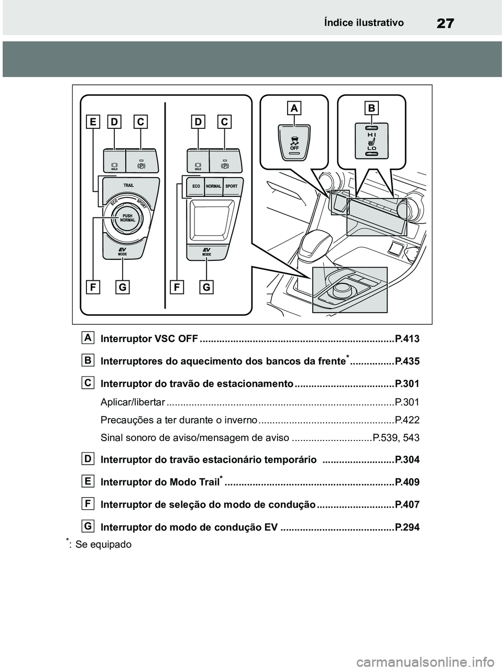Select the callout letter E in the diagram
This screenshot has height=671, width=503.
[93, 122]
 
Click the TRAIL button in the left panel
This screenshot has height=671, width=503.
[129, 185]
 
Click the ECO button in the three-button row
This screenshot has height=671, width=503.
[196, 186]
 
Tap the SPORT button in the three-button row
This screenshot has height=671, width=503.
[231, 186]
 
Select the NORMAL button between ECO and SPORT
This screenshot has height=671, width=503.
[213, 186]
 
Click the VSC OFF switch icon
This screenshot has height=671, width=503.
[294, 142]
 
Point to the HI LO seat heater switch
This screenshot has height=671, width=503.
[371, 141]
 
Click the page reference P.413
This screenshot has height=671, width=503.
[407, 339]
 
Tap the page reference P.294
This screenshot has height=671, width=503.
[407, 527]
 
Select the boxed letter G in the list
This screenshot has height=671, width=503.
[89, 525]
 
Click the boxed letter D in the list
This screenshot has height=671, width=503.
[89, 458]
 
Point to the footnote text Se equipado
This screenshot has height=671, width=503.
[103, 544]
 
